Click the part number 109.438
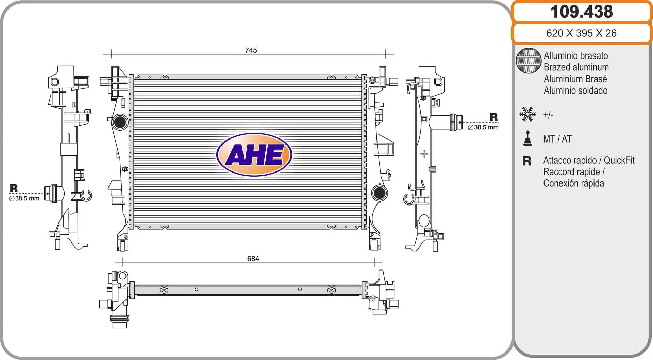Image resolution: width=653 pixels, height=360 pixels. click(x=582, y=12)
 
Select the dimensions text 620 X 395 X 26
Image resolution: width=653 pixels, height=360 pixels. click(x=581, y=33)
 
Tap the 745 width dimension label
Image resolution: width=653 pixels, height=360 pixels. click(x=251, y=50)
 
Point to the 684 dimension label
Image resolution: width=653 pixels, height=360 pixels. click(x=253, y=259)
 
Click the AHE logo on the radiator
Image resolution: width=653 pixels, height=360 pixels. click(x=254, y=154)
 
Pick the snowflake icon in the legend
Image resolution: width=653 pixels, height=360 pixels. click(x=528, y=114)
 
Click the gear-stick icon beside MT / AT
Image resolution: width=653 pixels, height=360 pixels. click(x=528, y=138)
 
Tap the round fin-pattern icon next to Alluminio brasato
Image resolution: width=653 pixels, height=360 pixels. click(x=529, y=61)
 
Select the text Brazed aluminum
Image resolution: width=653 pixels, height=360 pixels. click(x=576, y=67)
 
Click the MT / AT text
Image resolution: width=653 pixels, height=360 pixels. click(x=557, y=139)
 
